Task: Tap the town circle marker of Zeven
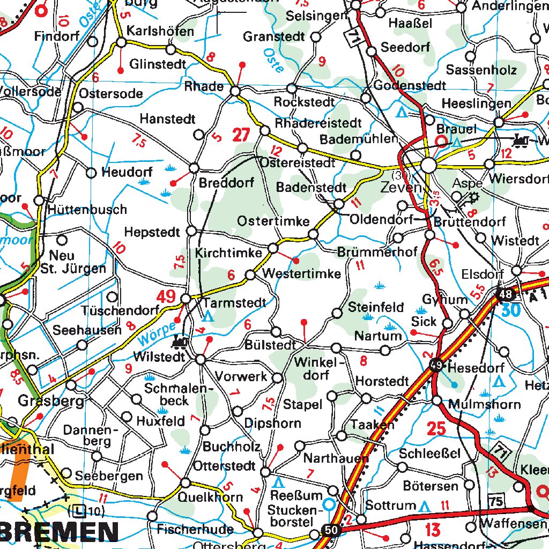point(429,165)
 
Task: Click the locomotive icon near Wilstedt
point(180,341)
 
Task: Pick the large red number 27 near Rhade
point(241,135)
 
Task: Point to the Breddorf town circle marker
point(194,167)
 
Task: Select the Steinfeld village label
point(376,307)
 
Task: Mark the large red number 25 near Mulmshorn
point(436,428)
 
